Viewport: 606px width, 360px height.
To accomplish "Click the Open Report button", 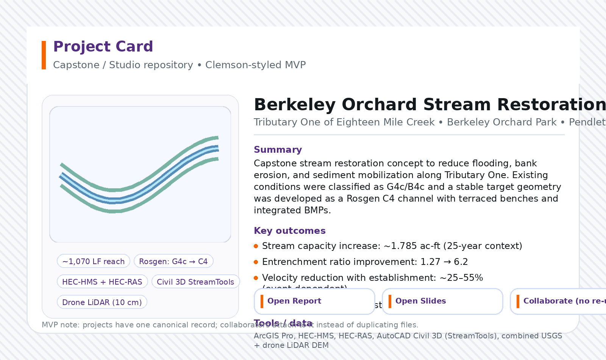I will [x=314, y=301].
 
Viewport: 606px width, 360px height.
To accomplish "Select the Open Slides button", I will [x=442, y=301].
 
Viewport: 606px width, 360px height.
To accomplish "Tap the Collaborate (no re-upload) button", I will [x=561, y=301].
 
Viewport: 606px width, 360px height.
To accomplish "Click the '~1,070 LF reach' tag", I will [x=94, y=261].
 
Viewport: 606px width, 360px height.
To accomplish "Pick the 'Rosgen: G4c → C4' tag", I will [x=173, y=261].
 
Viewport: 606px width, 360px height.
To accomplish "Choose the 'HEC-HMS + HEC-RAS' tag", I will [x=102, y=282].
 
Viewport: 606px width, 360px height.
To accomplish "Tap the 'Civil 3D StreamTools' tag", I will [x=195, y=282].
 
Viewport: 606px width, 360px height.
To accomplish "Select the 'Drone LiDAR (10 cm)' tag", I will [x=102, y=302].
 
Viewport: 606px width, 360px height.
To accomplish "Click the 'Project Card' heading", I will [x=103, y=47].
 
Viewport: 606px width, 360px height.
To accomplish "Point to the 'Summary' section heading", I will [x=278, y=150].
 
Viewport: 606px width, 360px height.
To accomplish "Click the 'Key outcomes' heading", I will [x=289, y=231].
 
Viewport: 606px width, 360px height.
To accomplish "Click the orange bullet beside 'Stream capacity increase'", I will [x=256, y=246].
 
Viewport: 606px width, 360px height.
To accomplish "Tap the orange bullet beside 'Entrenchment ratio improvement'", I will [x=256, y=262].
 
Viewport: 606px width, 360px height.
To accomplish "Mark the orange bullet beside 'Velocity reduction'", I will [x=256, y=278].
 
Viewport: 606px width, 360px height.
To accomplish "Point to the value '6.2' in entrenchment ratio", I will [x=461, y=262].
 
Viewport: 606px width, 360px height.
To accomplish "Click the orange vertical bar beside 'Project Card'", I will [x=44, y=55].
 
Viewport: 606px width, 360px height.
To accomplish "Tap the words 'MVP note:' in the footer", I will [x=61, y=325].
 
